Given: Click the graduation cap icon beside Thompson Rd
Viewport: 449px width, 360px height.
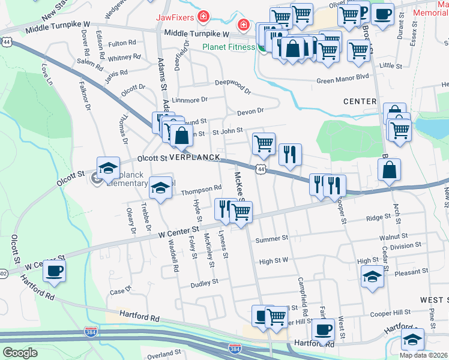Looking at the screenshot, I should [x=160, y=188].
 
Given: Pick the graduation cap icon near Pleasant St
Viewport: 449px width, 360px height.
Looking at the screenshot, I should [x=372, y=277].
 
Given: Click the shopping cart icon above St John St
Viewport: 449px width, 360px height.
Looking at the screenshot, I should [x=264, y=143].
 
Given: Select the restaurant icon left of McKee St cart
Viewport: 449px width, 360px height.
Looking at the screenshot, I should [x=224, y=209].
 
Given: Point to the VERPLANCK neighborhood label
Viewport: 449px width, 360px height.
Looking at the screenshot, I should [x=193, y=157].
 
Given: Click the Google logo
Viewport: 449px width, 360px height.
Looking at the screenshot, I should [x=20, y=353].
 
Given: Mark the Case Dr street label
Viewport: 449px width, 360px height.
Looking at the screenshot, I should [x=120, y=292].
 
